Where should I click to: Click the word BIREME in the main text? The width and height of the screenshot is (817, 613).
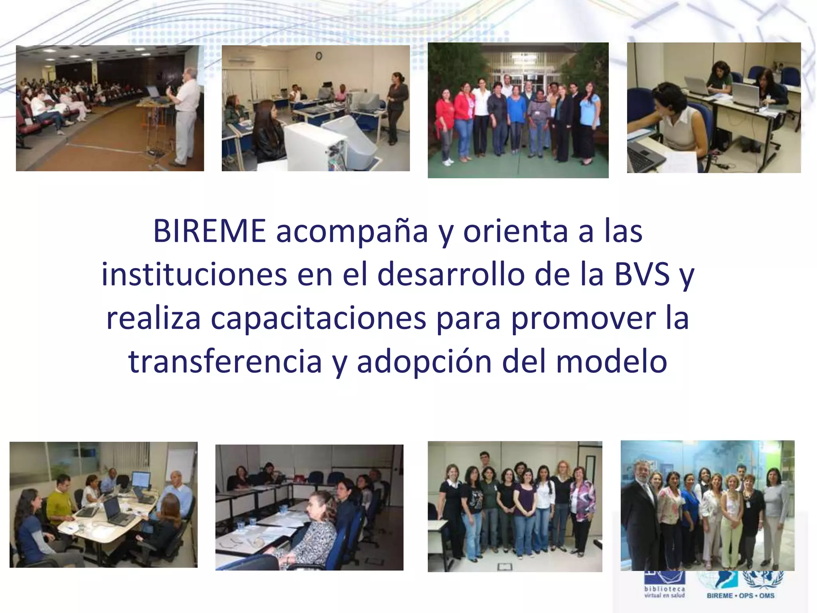(209, 231)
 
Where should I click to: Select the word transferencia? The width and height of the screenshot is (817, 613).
(225, 362)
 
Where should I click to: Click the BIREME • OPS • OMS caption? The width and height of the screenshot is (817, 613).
(740, 596)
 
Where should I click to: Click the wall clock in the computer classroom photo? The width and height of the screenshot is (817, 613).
(319, 56)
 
